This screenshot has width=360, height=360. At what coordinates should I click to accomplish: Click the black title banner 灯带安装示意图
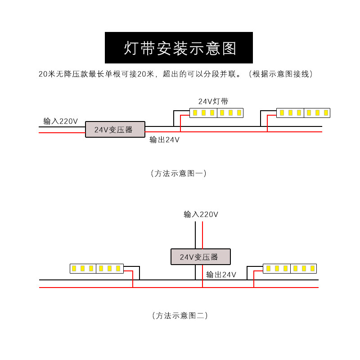(x=179, y=48)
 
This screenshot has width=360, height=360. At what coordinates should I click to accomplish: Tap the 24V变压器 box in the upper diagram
(x=115, y=130)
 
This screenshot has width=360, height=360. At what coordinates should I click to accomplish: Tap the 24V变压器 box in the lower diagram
(x=201, y=256)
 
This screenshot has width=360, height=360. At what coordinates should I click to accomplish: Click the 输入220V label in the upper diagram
(x=60, y=121)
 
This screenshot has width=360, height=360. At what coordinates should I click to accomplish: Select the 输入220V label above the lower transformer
(x=201, y=215)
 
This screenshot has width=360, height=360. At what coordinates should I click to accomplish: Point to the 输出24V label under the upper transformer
(x=165, y=140)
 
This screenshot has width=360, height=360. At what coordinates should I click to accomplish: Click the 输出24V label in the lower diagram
(x=221, y=274)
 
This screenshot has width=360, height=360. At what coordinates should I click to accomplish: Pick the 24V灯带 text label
(x=213, y=101)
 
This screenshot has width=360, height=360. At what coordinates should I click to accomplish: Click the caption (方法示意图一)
(x=179, y=173)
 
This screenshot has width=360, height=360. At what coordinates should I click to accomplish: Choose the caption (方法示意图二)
(x=180, y=315)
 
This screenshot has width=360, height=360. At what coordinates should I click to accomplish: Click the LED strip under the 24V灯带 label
(x=216, y=112)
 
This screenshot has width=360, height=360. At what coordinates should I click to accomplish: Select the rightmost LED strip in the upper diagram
(x=303, y=112)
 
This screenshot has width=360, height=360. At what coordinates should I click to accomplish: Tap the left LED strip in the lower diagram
(x=97, y=268)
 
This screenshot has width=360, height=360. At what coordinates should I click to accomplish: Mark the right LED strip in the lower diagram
(x=290, y=268)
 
